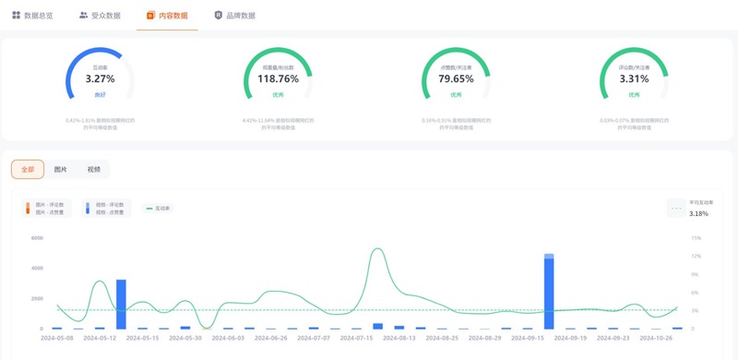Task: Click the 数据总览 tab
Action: coord(33,16)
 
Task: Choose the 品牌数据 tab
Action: coord(235,16)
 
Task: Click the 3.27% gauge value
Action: coord(100,79)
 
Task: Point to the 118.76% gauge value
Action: coord(278,79)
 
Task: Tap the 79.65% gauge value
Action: coord(456,79)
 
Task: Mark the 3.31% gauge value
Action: coord(634,79)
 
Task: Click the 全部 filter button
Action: coord(28,170)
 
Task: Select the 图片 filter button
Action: coord(61,170)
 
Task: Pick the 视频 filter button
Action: coord(93,170)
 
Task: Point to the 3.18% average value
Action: coord(698,214)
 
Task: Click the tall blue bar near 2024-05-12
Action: coord(121,305)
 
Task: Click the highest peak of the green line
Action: coord(377,249)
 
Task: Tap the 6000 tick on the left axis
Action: coord(38,238)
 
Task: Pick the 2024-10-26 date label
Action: coord(656,338)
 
